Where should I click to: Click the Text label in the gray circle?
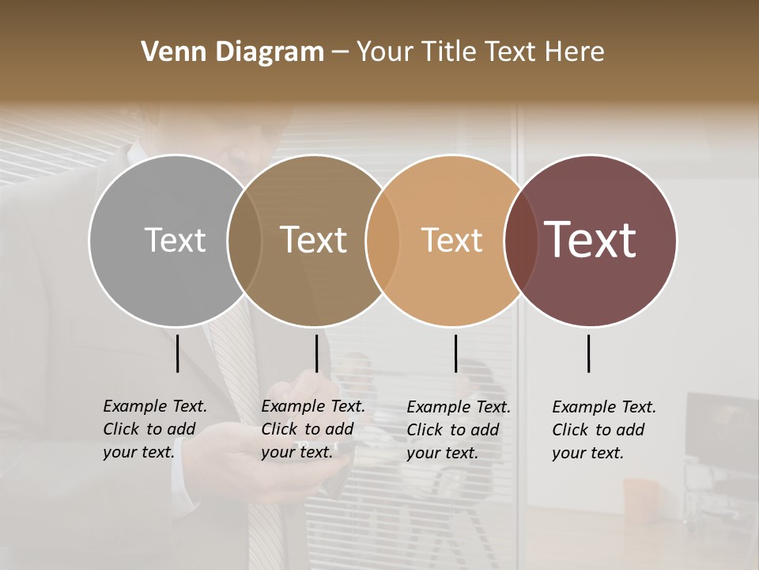175,240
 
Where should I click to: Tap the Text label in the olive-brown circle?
314,240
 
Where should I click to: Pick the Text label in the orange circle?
451,240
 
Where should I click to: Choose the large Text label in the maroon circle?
591,239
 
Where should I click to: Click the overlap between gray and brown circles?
244,240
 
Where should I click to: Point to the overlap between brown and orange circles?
383,240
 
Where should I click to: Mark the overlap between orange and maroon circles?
520,240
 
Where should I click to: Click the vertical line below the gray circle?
177,353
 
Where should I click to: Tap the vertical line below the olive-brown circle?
316,353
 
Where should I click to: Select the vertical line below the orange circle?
455,353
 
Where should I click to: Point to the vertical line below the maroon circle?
589,353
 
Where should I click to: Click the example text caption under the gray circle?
154,429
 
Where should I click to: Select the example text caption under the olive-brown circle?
312,429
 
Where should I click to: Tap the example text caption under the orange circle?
458,430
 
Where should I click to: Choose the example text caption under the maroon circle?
603,430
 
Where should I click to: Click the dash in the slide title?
340,53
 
